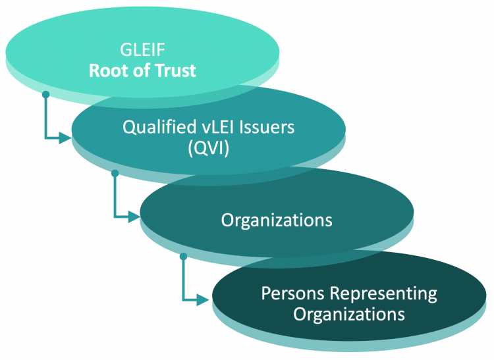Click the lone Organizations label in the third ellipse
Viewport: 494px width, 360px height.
277,220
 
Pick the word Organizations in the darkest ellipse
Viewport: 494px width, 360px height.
349,314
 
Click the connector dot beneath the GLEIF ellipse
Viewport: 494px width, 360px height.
45,95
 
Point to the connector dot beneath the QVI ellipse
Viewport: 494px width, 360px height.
115,172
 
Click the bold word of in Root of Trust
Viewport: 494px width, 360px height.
144,70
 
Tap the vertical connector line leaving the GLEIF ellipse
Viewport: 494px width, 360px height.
45,117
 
